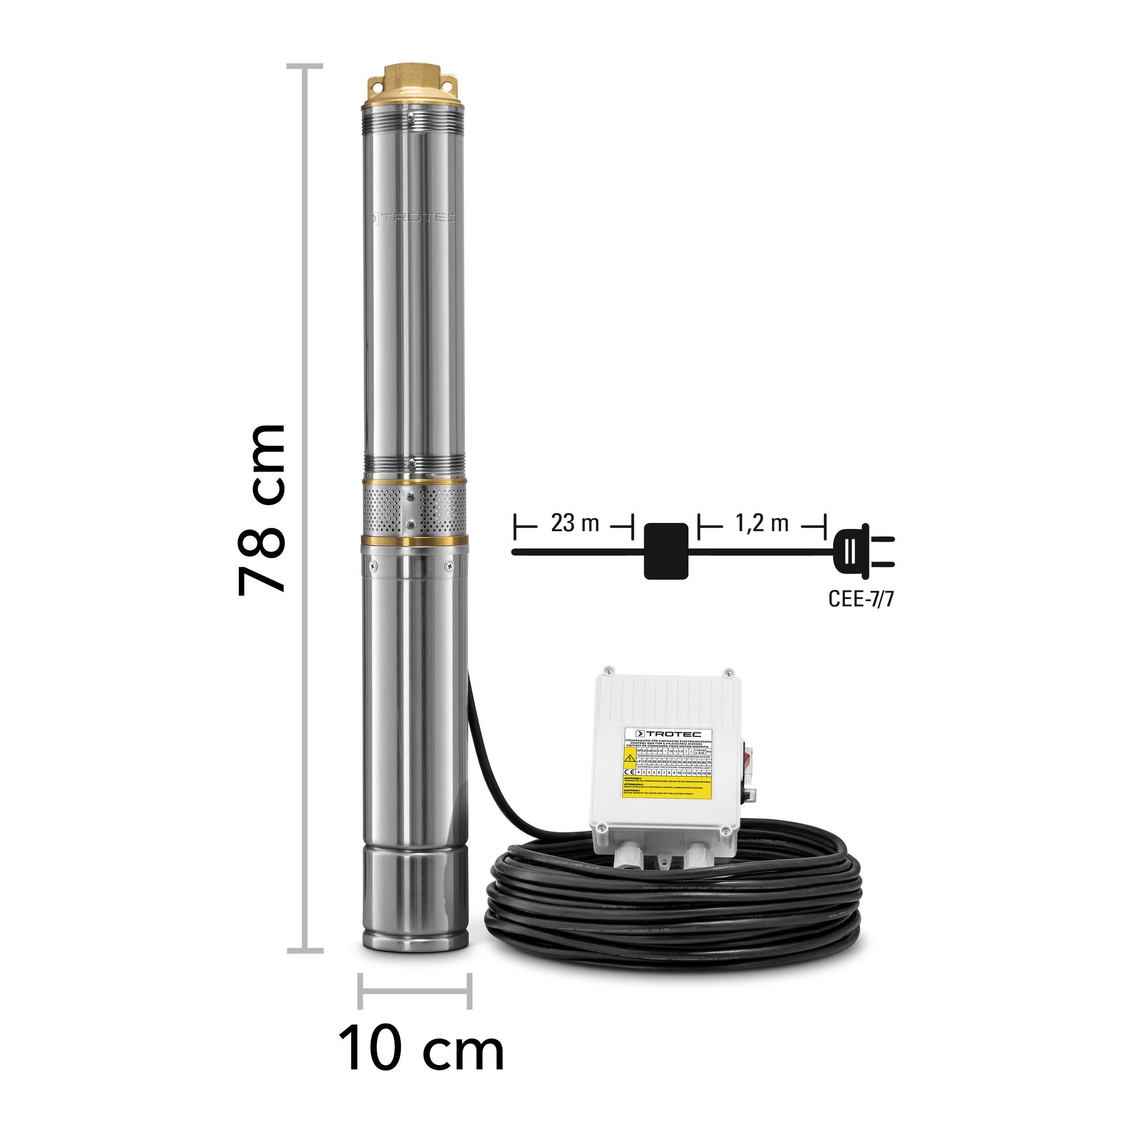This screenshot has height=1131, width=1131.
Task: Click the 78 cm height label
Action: tap(261, 509)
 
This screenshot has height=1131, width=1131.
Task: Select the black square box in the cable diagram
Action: tap(666, 551)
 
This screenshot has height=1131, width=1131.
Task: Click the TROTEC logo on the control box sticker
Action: tap(668, 733)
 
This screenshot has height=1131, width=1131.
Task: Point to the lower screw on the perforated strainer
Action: tap(410, 523)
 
